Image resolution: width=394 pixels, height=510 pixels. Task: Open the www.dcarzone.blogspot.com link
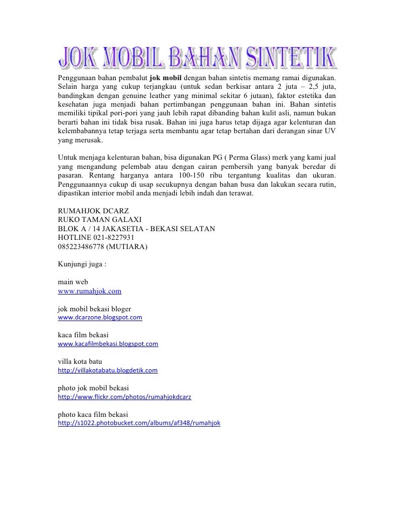(100, 318)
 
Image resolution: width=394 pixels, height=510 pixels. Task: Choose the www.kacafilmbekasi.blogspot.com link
(108, 344)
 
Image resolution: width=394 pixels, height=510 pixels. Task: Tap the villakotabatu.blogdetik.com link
(107, 370)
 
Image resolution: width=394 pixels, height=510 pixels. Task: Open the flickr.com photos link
(127, 397)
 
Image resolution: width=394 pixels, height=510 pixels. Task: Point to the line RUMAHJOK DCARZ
(94, 210)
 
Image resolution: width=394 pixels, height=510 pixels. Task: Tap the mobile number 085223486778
(81, 247)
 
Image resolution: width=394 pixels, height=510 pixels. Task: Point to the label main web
(73, 282)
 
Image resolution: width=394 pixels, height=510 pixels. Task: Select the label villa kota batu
(80, 361)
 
